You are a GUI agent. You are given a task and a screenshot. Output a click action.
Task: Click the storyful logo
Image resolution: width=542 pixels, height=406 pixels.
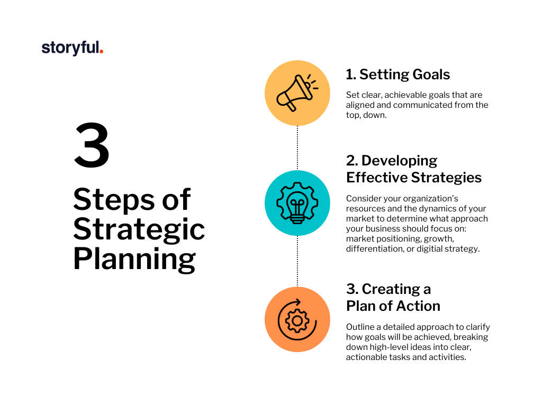(x=72, y=48)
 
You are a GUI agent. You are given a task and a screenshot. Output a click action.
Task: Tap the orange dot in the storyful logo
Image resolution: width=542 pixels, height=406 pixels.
(x=101, y=52)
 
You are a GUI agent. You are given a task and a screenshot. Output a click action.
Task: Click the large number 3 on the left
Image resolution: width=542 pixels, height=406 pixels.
(x=92, y=145)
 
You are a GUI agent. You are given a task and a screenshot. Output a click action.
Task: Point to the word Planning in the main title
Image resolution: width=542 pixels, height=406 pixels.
(x=134, y=259)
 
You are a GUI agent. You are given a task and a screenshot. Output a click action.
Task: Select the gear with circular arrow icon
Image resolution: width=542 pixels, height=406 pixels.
(x=297, y=320)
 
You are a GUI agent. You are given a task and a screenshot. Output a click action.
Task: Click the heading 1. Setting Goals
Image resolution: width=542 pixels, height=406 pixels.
(x=398, y=74)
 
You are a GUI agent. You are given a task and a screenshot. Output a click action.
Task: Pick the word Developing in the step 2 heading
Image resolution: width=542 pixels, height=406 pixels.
(x=399, y=161)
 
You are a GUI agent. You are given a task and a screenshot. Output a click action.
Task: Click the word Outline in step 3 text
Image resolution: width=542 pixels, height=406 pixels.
(x=360, y=327)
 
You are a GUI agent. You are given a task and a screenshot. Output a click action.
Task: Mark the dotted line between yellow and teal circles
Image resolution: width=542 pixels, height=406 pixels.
(x=297, y=148)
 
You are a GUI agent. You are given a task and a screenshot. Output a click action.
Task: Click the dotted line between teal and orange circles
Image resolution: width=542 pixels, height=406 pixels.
(x=297, y=261)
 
